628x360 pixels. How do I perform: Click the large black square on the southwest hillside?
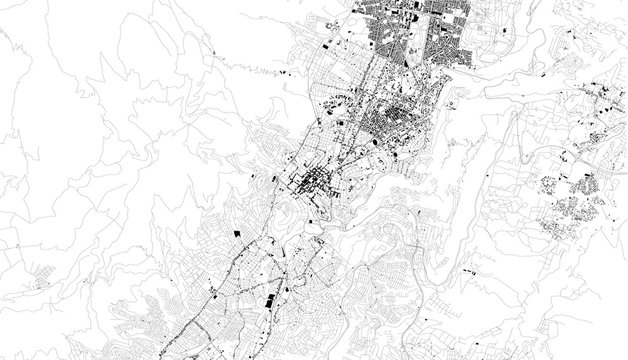click(237, 232)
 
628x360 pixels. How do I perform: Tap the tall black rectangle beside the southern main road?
click(266, 299)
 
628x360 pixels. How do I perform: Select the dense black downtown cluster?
click(313, 183)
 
